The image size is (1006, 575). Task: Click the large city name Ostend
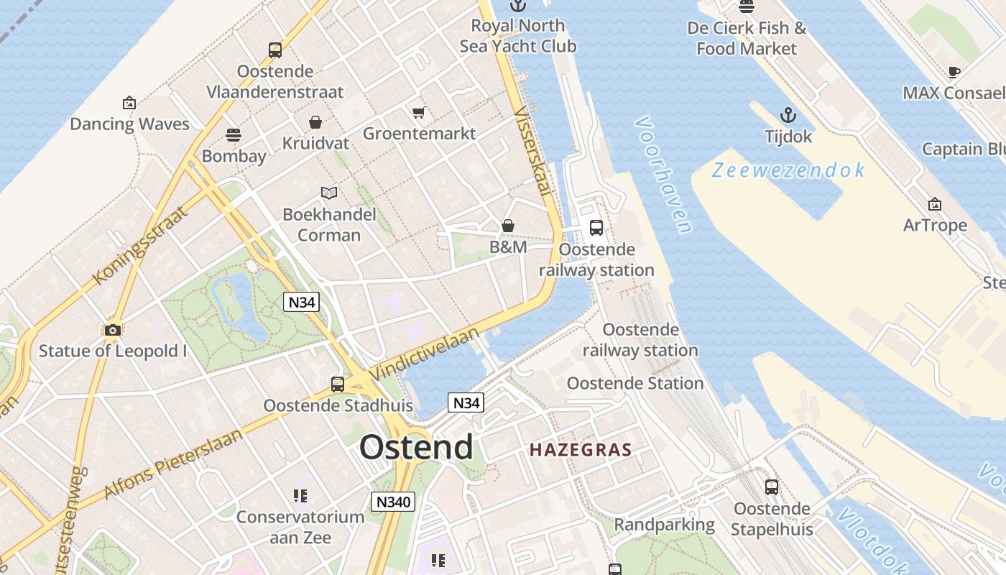(416, 447)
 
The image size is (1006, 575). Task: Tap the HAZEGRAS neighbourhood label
(581, 451)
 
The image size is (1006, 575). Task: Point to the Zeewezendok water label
(788, 170)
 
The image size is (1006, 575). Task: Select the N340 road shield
(393, 502)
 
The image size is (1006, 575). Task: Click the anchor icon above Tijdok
(788, 115)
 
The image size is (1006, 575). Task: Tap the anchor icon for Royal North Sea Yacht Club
(517, 6)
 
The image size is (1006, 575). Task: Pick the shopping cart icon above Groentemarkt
(419, 112)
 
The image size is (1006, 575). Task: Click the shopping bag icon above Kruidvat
(315, 122)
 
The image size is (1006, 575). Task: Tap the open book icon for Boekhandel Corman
(329, 193)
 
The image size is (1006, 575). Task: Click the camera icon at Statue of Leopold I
(112, 330)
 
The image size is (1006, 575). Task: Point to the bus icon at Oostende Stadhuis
(338, 384)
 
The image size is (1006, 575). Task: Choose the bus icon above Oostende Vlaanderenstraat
(275, 50)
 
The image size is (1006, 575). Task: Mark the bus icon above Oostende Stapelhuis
(772, 487)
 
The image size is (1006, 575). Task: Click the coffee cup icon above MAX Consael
(954, 72)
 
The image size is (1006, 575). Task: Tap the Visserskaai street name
(533, 152)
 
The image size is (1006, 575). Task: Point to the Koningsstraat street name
(140, 245)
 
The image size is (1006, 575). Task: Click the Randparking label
(665, 525)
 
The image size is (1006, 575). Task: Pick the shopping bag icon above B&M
(508, 226)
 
